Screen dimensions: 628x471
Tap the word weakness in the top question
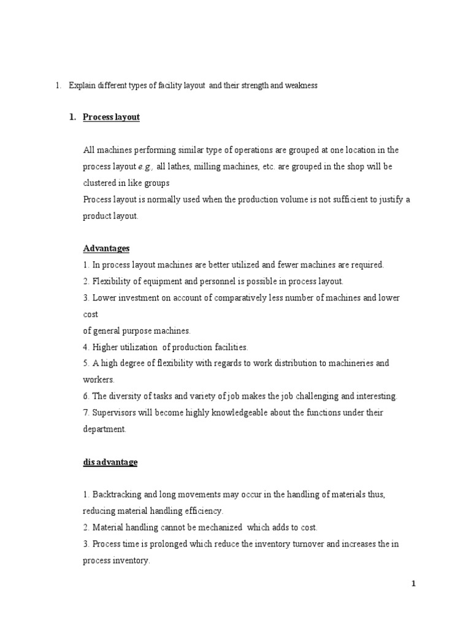tap(301, 86)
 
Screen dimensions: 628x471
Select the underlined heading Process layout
tap(112, 117)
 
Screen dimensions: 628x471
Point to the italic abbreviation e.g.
tap(145, 166)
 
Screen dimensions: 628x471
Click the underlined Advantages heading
tap(106, 248)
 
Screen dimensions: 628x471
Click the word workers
tap(98, 380)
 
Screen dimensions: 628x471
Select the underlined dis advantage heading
tap(110, 462)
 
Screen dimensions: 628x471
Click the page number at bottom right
tap(414, 584)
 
